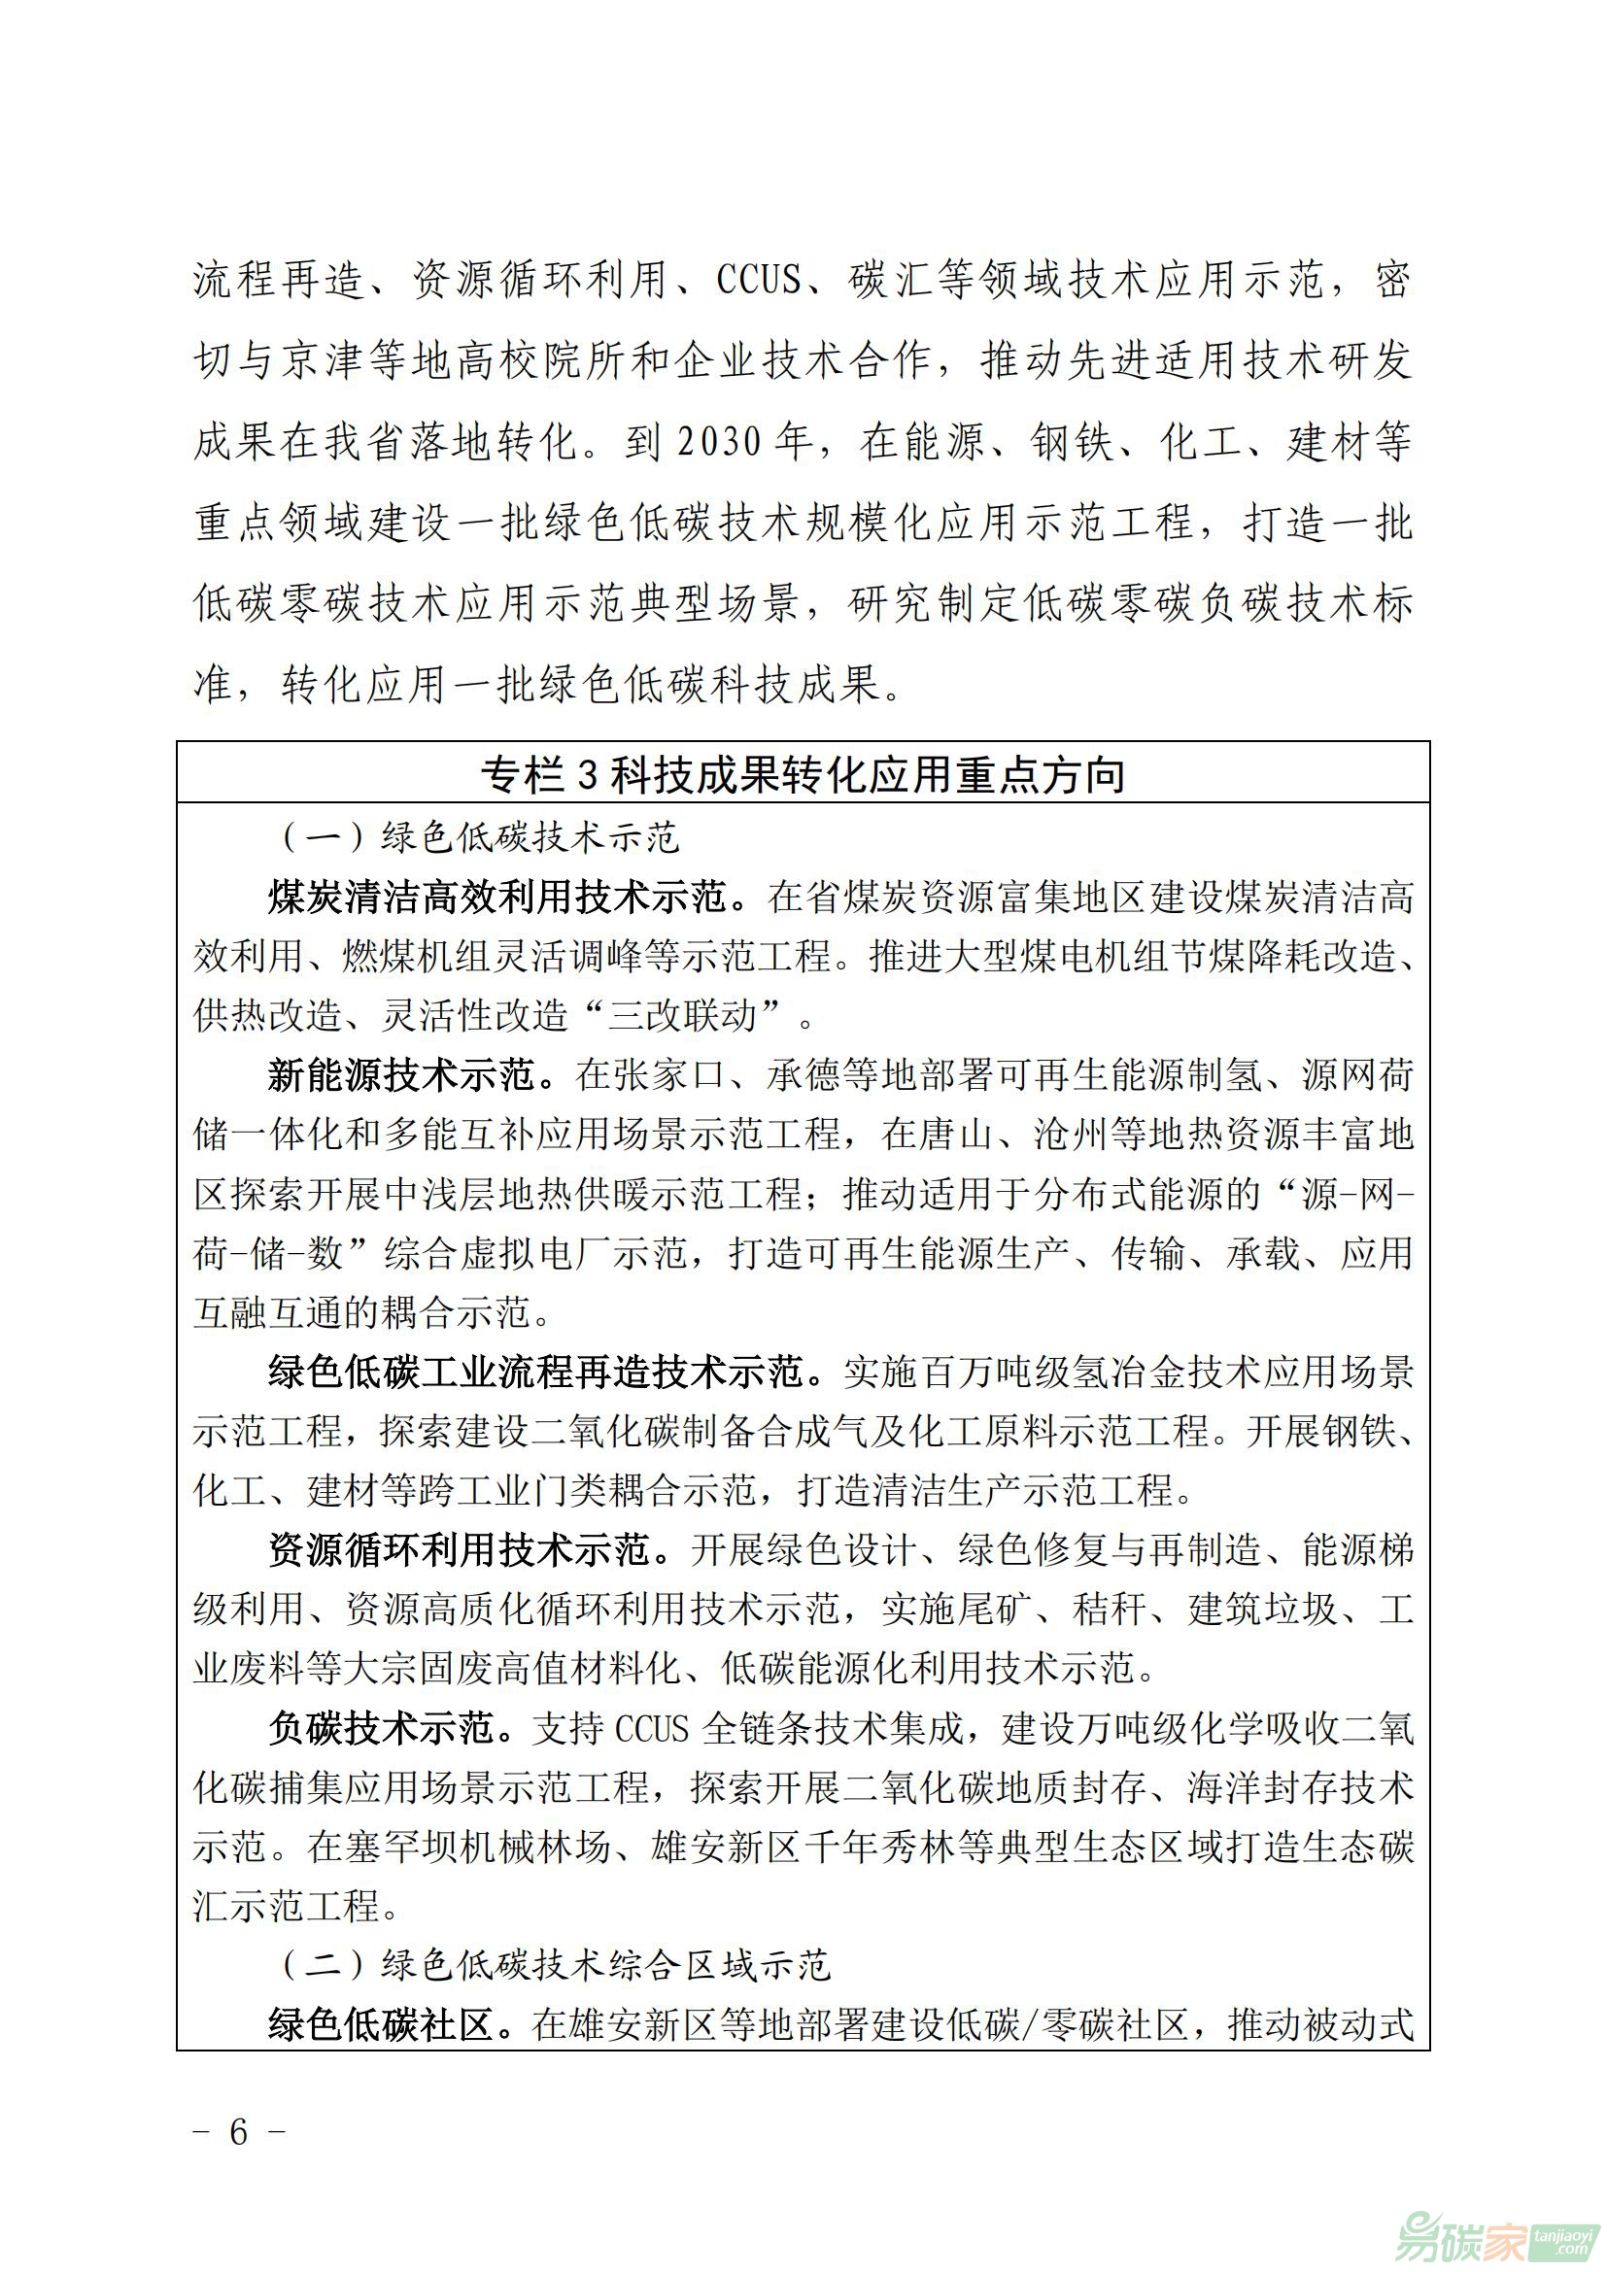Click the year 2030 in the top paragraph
(x=720, y=442)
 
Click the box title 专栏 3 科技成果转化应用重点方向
(x=803, y=775)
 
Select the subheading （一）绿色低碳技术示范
(x=481, y=838)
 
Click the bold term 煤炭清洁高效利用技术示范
(x=506, y=899)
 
